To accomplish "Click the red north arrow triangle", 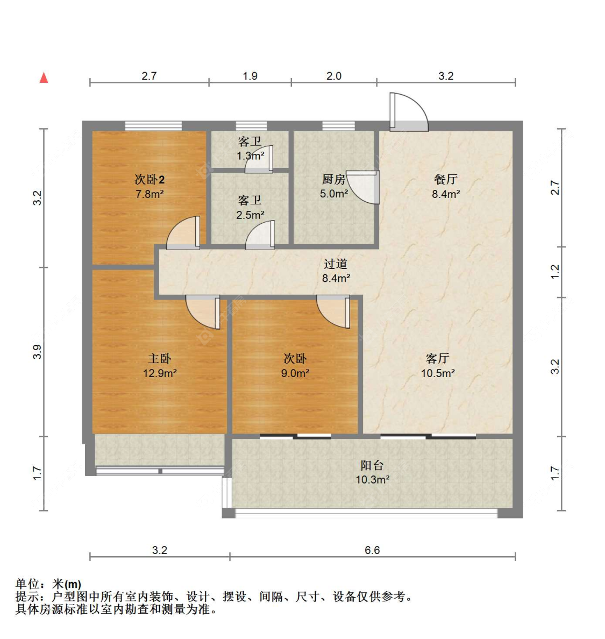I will [x=44, y=78].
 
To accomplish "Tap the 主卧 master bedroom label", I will [x=160, y=359].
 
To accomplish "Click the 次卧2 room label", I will [x=150, y=180].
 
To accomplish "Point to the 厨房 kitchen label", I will [x=333, y=180].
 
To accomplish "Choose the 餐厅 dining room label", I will [x=446, y=180].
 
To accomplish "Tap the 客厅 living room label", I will [x=438, y=359].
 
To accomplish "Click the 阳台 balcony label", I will [x=372, y=465].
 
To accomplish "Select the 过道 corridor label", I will [x=336, y=264].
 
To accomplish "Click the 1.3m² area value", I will [x=251, y=156].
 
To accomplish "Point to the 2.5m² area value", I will [x=250, y=215].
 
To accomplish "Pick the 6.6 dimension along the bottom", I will [x=372, y=550].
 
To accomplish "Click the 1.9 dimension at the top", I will [x=250, y=76].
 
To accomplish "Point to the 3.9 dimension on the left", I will [x=37, y=352].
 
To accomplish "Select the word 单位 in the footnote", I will [x=28, y=584].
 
